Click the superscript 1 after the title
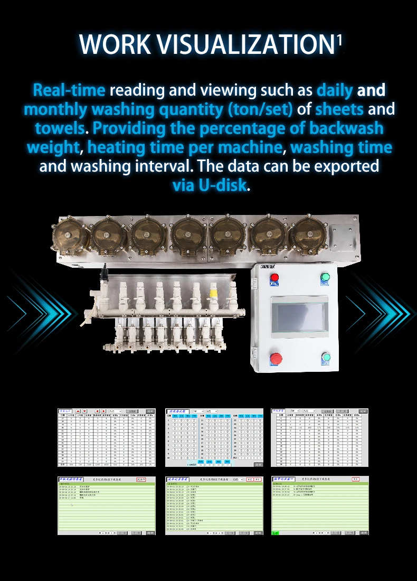[339, 40]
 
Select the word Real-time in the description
[69, 90]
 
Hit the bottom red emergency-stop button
[275, 358]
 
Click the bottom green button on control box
[326, 358]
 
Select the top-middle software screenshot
[214, 437]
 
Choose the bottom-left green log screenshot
[107, 505]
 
